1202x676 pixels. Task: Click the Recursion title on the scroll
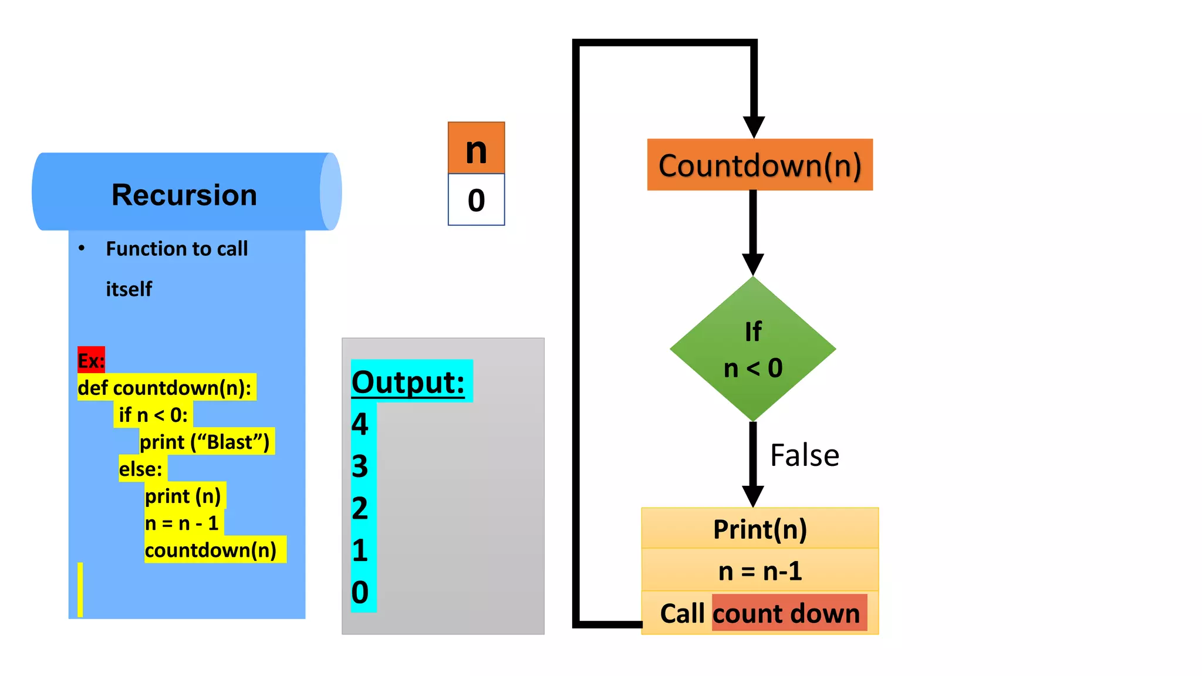tap(184, 195)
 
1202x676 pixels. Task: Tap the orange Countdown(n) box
tap(759, 165)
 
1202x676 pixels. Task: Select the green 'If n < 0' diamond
tap(752, 349)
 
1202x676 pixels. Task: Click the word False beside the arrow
tap(804, 455)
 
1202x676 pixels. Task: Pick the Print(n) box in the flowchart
tap(759, 529)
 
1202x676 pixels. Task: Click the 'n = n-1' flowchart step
tap(759, 570)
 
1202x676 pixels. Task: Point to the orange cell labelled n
tap(476, 148)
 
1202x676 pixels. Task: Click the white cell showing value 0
tap(476, 200)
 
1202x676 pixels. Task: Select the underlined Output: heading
tap(408, 382)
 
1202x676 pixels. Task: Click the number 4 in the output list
tap(360, 424)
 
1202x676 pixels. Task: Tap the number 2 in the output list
tap(360, 508)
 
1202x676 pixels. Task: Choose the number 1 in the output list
tap(360, 550)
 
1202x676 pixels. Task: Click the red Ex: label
tap(91, 360)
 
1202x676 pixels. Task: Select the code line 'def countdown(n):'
tap(165, 388)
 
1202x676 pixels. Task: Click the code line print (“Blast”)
tap(205, 442)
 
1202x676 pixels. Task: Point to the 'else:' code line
tap(141, 469)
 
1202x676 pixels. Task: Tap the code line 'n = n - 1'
tap(182, 523)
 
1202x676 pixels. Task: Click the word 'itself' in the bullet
tap(129, 289)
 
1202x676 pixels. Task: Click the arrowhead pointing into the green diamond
tap(752, 264)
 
